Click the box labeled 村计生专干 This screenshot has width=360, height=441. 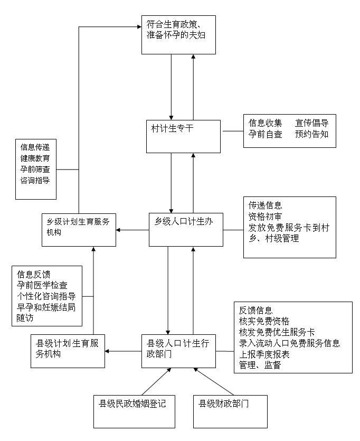183,136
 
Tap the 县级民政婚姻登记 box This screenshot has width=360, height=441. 134,411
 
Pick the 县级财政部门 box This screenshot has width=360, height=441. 230,411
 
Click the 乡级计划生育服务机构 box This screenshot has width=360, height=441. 79,230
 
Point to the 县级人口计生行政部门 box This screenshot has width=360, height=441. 178,351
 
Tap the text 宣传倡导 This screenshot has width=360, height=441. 312,123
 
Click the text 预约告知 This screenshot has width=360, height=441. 312,134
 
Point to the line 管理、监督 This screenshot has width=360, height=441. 260,365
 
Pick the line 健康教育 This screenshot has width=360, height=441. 35,158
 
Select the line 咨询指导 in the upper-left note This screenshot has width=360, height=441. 35,181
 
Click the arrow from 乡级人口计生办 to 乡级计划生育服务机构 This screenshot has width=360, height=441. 132,230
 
